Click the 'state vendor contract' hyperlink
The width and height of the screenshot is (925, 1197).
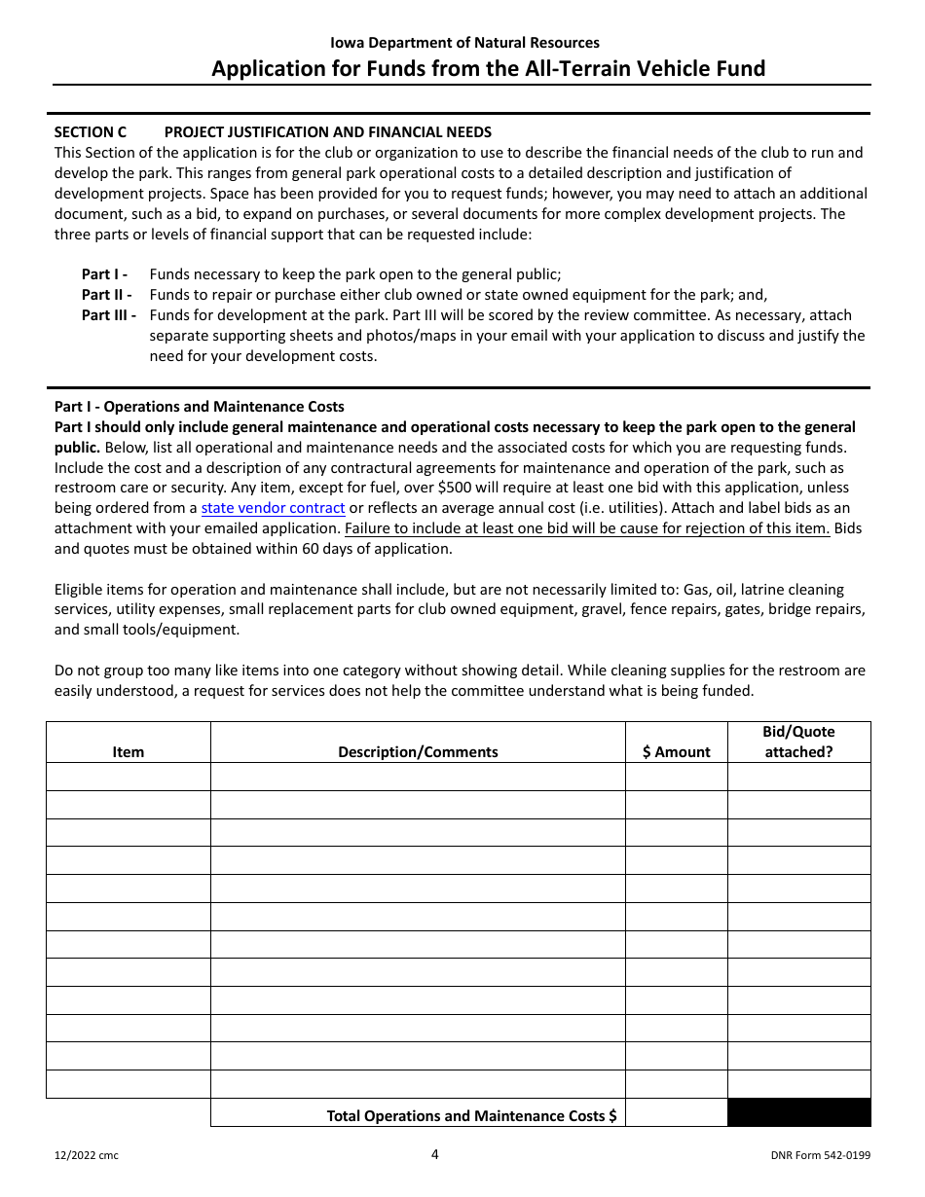[x=273, y=508]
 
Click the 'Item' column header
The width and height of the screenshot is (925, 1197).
[x=128, y=751]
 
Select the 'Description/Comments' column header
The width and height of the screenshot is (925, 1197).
[x=418, y=751]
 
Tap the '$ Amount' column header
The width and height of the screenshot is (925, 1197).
[x=676, y=751]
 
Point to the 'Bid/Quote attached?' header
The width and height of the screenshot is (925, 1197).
[x=798, y=742]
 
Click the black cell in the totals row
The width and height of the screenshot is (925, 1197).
[x=798, y=1113]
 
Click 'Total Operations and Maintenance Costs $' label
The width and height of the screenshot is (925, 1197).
[x=471, y=1115]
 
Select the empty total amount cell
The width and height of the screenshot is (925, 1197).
[x=676, y=1113]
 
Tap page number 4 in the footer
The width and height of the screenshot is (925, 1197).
[x=435, y=1154]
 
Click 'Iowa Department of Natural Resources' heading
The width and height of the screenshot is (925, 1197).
[x=464, y=43]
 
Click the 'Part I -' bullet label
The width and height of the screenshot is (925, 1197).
[x=105, y=274]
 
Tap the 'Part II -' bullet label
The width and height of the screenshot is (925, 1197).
[x=107, y=295]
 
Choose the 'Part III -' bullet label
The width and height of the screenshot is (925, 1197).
[x=109, y=315]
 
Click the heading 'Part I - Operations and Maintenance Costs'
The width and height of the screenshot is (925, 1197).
[x=199, y=407]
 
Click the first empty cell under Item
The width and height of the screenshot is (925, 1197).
[x=128, y=777]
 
